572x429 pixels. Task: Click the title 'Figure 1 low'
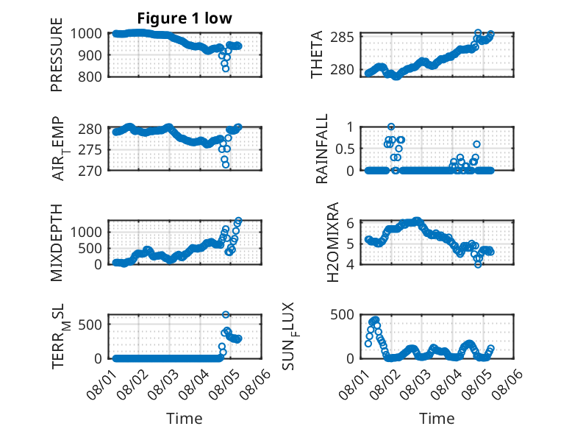point(185,18)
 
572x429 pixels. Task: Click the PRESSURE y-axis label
point(57,54)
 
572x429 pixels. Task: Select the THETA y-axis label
point(317,54)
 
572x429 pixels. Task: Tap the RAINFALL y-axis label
point(322,149)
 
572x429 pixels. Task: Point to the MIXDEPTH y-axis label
point(57,242)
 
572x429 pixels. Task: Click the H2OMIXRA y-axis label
point(333,242)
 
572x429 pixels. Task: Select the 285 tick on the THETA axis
point(342,37)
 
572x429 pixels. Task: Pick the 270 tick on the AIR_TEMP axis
point(90,171)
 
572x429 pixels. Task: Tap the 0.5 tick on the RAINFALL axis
point(345,149)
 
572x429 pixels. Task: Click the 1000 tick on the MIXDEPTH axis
point(86,233)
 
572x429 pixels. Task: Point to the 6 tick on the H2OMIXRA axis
point(350,223)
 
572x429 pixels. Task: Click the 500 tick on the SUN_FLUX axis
point(342,314)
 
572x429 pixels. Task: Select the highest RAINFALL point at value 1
point(391,127)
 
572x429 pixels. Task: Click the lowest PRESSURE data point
point(226,68)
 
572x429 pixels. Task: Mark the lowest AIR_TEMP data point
point(226,165)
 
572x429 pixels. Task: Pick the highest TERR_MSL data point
point(226,314)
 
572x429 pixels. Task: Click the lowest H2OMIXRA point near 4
point(478,264)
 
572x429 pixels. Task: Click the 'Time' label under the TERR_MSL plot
point(185,419)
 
